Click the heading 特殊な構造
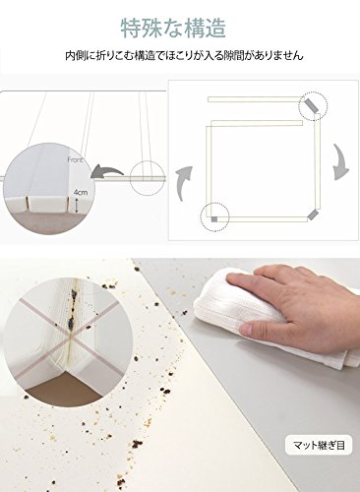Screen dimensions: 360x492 (173, 29)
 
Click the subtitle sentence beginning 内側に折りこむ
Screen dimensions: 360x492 (184, 56)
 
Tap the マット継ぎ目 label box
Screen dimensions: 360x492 (319, 445)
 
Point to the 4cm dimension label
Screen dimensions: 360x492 (80, 193)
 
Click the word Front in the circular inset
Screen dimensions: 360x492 (75, 160)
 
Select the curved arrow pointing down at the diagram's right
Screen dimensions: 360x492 (340, 162)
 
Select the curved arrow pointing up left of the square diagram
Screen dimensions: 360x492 (184, 184)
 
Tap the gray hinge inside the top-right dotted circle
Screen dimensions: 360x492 (310, 105)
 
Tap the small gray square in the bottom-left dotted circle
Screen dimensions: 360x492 (214, 219)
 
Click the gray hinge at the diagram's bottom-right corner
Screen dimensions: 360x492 (313, 215)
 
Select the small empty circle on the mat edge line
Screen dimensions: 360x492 (147, 178)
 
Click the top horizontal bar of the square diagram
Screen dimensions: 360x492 (255, 99)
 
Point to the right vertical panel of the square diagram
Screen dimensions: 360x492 (317, 161)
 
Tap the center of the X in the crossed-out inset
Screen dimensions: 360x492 (71, 337)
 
